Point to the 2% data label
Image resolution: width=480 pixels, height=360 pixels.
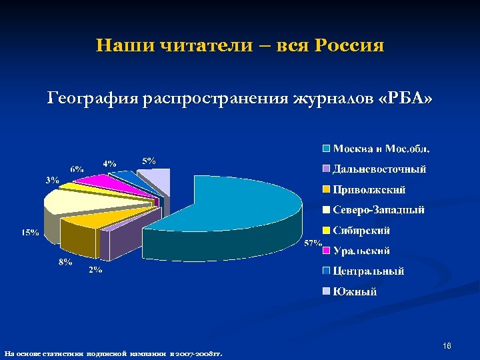point(95,269)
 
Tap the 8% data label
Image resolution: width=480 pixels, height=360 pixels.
point(65,262)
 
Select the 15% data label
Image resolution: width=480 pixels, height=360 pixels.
point(29,233)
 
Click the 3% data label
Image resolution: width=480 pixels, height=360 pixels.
point(52,179)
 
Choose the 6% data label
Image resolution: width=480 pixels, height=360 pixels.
point(77,169)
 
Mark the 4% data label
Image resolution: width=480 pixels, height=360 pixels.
point(109,163)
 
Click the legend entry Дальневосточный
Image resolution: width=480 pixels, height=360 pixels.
point(379,169)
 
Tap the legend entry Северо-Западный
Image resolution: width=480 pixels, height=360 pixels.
point(378,210)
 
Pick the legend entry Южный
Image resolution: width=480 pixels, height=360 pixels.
point(355,291)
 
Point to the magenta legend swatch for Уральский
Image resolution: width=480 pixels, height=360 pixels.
point(326,251)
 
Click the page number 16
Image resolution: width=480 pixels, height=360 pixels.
point(447,346)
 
